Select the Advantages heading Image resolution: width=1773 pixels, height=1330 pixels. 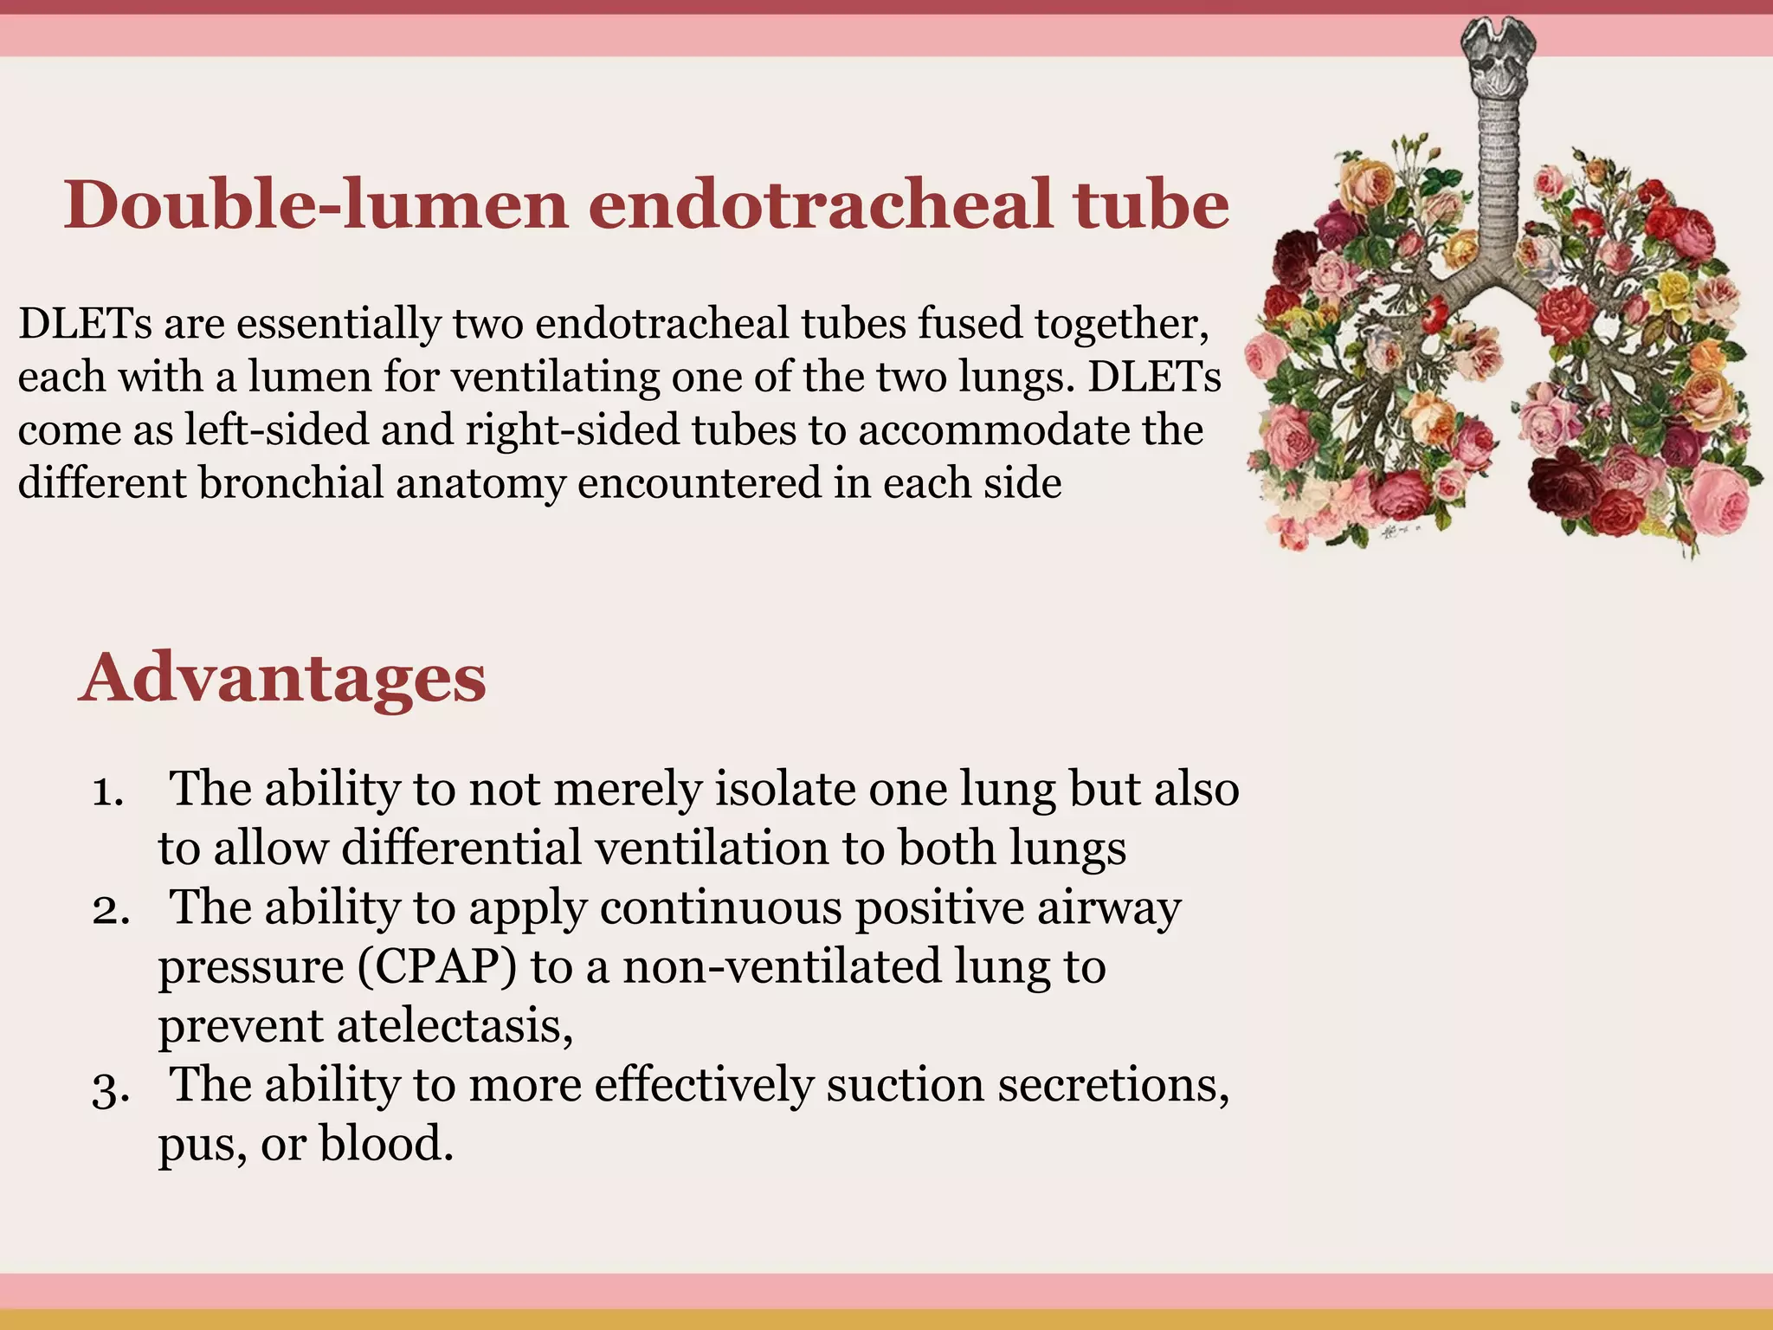[x=282, y=677]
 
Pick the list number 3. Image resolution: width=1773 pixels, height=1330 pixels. [x=111, y=1088]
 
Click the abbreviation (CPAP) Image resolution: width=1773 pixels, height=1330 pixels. [x=436, y=966]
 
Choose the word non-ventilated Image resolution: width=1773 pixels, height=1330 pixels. [x=781, y=966]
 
